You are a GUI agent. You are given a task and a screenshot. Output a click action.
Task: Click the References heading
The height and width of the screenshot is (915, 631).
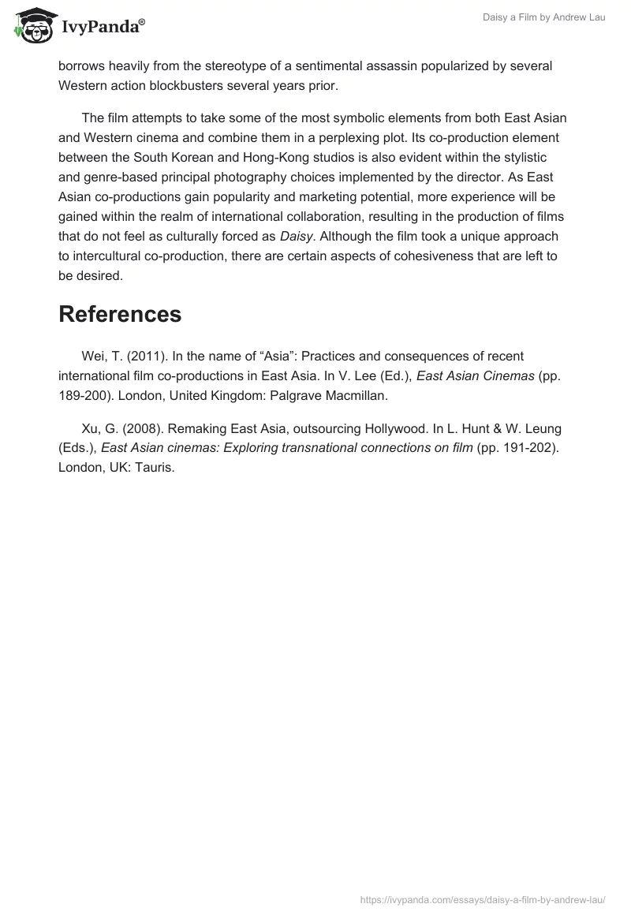click(120, 314)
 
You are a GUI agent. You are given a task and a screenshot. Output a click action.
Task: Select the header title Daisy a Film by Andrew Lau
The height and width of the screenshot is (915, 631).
click(543, 17)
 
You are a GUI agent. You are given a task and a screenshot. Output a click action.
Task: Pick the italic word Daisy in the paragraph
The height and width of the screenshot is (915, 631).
click(295, 237)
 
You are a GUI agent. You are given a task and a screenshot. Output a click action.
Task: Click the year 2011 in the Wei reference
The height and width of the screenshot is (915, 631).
click(135, 357)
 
